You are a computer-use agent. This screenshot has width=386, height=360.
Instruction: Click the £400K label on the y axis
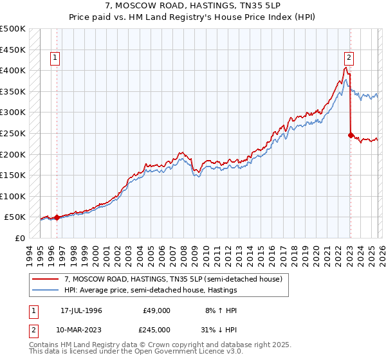tap(14, 70)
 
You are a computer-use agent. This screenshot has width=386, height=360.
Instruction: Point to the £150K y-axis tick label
tap(14, 175)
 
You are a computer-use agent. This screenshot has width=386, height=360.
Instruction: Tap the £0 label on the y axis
tap(20, 238)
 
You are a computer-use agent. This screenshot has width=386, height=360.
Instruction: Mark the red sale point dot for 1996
tap(57, 217)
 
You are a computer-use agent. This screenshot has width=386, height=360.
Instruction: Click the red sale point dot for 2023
tap(351, 135)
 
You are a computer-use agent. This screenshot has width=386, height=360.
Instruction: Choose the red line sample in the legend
tap(45, 279)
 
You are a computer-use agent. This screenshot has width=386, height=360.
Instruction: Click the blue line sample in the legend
tap(45, 291)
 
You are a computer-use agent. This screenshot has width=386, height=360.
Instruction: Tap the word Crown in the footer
tap(165, 345)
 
